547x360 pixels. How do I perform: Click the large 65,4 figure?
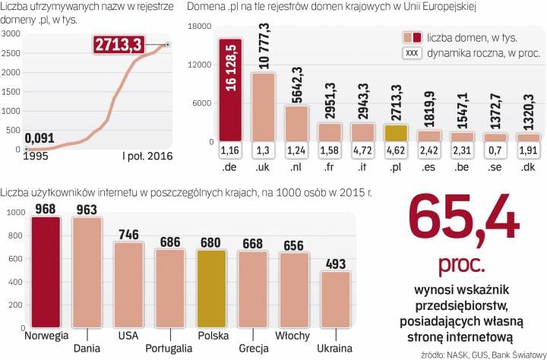(x=464, y=221)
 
